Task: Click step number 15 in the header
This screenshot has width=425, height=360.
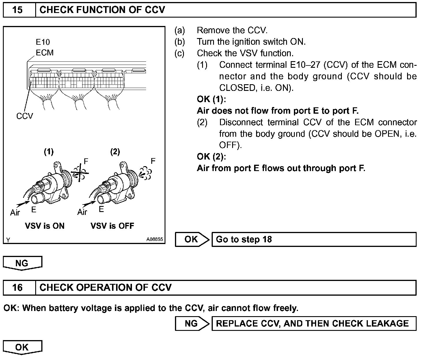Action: [x=18, y=10]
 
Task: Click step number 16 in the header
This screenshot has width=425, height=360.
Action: [x=18, y=288]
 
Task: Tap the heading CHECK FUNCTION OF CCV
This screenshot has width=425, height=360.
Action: [x=102, y=10]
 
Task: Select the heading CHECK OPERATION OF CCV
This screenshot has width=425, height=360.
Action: [x=105, y=288]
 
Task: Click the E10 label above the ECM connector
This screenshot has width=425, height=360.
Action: [x=43, y=42]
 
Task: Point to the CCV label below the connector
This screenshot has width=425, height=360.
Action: [x=25, y=116]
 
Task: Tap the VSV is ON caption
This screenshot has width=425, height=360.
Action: [x=45, y=226]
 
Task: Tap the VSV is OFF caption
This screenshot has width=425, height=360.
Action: [x=112, y=226]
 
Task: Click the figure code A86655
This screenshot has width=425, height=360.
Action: [x=154, y=239]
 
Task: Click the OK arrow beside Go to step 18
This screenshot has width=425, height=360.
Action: [x=192, y=239]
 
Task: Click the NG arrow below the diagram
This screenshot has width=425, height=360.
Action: [x=22, y=263]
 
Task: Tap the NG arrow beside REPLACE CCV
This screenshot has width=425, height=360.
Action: [x=192, y=323]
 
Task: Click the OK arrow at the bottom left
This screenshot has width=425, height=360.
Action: [x=22, y=347]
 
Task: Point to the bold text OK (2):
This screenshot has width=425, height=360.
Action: [x=211, y=157]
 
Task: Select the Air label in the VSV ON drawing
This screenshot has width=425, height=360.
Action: [x=15, y=213]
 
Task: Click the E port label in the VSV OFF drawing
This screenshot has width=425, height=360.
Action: [x=101, y=209]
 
